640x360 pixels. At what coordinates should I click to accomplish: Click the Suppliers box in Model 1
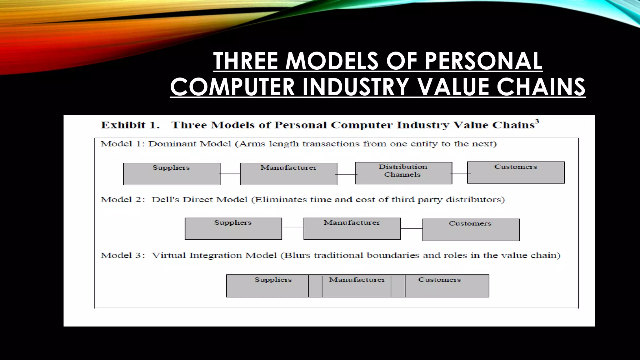[x=172, y=174]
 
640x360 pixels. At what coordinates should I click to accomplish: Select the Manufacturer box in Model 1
[x=288, y=174]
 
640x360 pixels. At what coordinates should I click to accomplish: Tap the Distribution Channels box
[x=403, y=173]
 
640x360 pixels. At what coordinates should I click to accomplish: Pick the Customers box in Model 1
[x=516, y=172]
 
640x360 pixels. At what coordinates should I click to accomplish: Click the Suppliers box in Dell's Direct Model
[x=233, y=229]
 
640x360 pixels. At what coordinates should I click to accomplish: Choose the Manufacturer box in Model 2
[x=352, y=229]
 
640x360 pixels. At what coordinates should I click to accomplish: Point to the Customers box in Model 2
[x=471, y=230]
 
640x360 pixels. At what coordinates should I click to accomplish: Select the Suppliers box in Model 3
[x=267, y=286]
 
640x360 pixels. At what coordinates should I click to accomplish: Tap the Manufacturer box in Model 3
[x=357, y=286]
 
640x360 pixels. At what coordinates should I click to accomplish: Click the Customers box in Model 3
[x=447, y=286]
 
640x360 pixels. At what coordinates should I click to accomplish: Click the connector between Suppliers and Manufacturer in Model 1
[x=230, y=174]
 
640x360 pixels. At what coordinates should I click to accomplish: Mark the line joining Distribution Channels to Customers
[x=460, y=174]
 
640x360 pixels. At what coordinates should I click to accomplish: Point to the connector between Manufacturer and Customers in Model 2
[x=412, y=228]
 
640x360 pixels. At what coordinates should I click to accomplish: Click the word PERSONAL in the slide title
[x=483, y=61]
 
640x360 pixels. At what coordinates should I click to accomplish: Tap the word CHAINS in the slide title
[x=541, y=87]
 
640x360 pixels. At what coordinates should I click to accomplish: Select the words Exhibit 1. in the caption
[x=130, y=125]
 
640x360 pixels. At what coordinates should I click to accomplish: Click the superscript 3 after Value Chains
[x=537, y=121]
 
